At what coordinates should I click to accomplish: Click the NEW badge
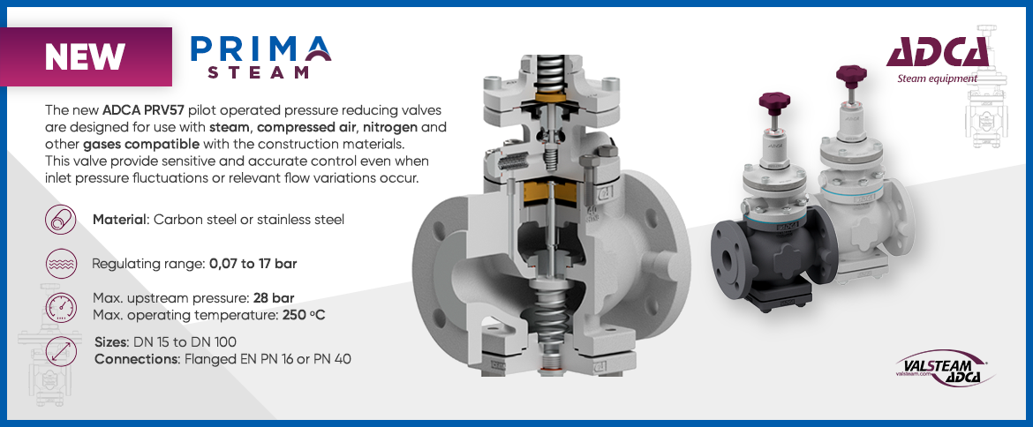tap(86, 56)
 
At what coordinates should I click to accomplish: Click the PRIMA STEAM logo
tap(260, 56)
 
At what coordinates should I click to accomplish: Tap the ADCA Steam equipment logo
tap(937, 59)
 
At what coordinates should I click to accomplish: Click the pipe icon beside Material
tap(60, 220)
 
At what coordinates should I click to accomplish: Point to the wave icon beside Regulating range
tap(60, 264)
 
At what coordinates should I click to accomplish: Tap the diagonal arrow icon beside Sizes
tap(60, 350)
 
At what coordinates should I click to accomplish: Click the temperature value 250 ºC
tap(304, 315)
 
